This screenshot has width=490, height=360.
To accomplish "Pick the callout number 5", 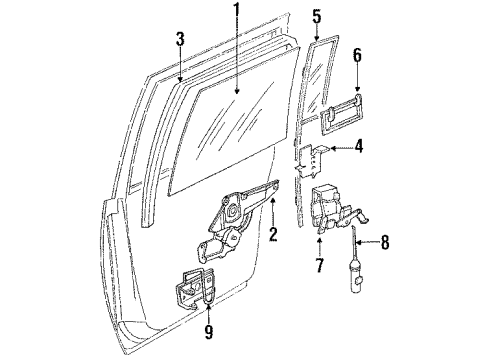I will pyautogui.click(x=317, y=16).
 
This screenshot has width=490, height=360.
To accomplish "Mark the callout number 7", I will pyautogui.click(x=319, y=266).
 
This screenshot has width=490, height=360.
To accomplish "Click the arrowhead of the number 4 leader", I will pyautogui.click(x=329, y=150).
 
